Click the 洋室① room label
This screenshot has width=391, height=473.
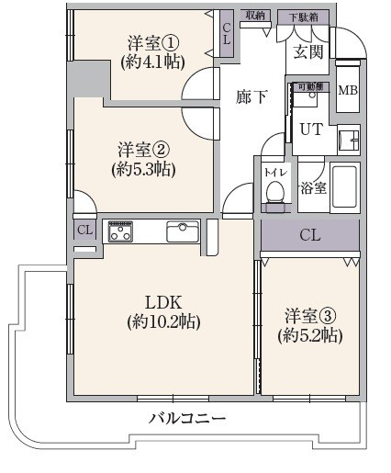coord(152,43)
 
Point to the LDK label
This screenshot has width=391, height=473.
coord(163,302)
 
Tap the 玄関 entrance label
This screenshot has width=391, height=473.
coord(308,52)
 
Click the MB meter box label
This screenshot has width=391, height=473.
coord(348,90)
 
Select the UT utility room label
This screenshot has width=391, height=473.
coord(311,130)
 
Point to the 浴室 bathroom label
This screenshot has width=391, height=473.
coord(313,187)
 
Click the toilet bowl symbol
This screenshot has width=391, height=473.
coord(274,191)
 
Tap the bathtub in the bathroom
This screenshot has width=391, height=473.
coord(344,188)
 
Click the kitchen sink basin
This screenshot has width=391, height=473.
coord(182,231)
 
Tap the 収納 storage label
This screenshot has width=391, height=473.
coord(255,16)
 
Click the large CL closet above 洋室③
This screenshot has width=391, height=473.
coord(310,235)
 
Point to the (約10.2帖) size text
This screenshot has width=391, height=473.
coord(163,321)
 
